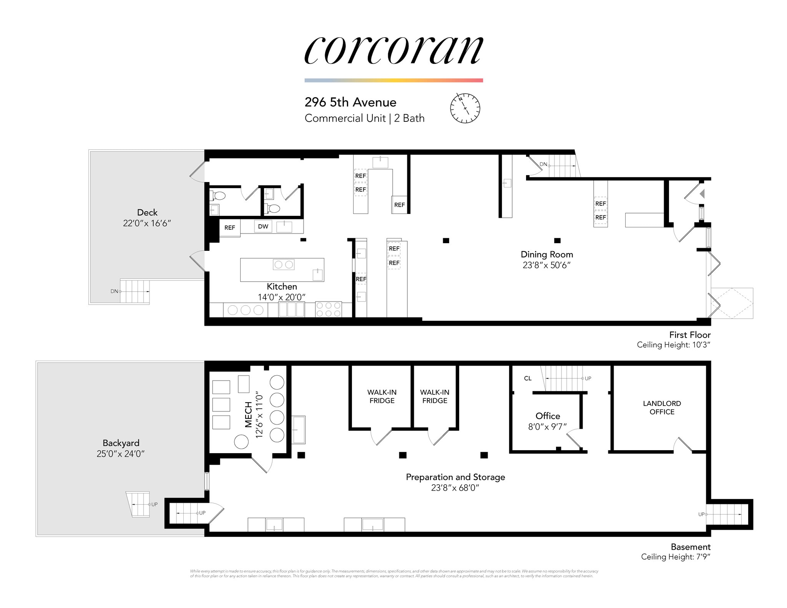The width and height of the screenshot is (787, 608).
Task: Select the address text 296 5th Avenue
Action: [350, 102]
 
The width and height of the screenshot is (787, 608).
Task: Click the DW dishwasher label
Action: [263, 227]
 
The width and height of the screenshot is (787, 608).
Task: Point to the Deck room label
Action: [147, 212]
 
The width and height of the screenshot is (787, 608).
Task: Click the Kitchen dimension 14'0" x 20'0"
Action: [282, 297]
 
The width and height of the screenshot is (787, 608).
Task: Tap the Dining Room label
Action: [546, 254]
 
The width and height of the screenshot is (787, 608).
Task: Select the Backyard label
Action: [121, 443]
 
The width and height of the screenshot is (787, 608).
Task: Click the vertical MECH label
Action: [249, 414]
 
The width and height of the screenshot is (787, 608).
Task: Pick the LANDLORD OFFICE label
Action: [662, 408]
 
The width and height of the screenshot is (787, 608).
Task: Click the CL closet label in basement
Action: [528, 378]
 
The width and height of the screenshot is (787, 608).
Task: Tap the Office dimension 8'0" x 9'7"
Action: [548, 427]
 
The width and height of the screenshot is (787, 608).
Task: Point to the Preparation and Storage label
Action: [455, 477]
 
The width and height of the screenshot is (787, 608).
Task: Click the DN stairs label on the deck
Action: [114, 291]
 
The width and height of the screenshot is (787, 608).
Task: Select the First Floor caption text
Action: [690, 335]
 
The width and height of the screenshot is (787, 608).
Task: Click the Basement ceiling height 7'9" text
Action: [676, 557]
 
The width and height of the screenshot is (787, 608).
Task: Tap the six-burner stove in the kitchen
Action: [328, 309]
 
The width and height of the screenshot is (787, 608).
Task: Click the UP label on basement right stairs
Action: [701, 514]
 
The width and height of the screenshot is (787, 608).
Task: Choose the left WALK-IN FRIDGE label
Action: [382, 396]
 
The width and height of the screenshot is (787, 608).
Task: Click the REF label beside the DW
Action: [229, 228]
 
